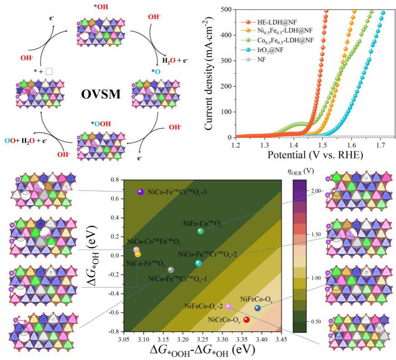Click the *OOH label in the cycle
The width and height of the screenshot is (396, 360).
click(x=101, y=123)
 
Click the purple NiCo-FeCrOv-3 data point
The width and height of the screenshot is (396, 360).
click(x=140, y=192)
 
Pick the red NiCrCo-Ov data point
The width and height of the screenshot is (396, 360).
click(x=246, y=319)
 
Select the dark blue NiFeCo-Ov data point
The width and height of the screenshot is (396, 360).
click(x=258, y=308)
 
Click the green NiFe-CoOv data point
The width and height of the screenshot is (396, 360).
click(x=201, y=231)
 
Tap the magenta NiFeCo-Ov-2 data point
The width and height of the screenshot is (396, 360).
click(x=228, y=307)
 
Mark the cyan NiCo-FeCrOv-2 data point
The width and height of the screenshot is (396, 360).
click(x=198, y=263)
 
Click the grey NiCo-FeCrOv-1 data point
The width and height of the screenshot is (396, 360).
click(x=171, y=270)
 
